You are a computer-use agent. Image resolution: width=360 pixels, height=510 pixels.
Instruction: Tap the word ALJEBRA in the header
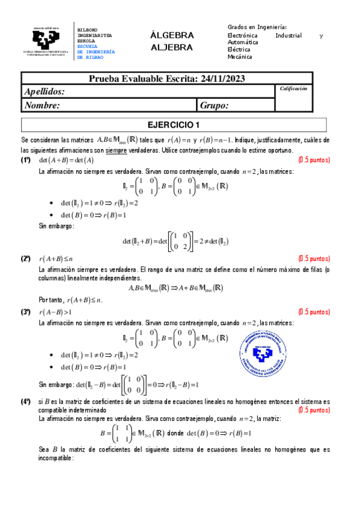[x=172, y=47]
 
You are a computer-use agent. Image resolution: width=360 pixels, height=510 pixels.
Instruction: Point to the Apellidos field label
[x=44, y=91]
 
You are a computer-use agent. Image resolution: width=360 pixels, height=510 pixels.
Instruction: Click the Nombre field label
[x=42, y=105]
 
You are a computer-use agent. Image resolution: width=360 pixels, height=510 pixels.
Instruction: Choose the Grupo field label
[x=215, y=105]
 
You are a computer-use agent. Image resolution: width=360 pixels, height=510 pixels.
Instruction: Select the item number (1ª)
[x=26, y=160]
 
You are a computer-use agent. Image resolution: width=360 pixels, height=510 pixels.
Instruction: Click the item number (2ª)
[x=26, y=258]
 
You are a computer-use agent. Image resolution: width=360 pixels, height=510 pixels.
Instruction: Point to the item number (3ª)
[x=26, y=312]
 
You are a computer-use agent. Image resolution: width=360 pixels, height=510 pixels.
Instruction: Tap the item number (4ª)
[x=26, y=401]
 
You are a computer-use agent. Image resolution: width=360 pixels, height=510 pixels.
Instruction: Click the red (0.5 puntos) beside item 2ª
[x=314, y=258]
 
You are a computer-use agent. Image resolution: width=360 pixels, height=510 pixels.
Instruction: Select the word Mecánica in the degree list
[x=240, y=57]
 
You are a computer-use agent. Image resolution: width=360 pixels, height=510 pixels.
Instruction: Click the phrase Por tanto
[x=51, y=300]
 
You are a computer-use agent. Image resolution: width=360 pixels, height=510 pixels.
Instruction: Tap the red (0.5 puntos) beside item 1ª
[x=314, y=160]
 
